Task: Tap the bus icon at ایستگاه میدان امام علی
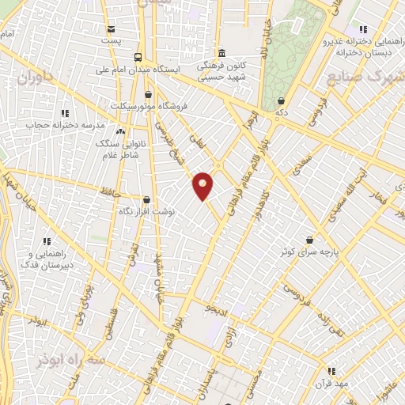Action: (138, 57)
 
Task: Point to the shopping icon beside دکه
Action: (283, 100)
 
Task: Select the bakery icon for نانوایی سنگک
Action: (120, 131)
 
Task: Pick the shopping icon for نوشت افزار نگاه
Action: (146, 200)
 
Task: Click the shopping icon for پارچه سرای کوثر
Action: (309, 240)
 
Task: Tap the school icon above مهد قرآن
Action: (331, 370)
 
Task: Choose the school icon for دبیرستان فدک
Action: (47, 241)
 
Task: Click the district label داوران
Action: (37, 78)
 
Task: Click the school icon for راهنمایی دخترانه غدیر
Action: (363, 28)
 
